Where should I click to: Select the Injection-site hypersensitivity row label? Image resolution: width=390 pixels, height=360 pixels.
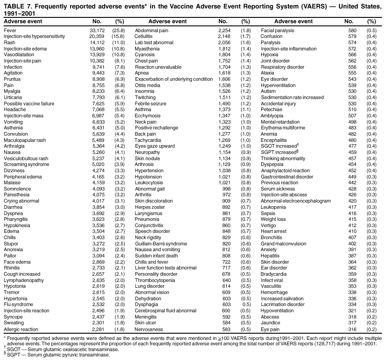click(x=34, y=36)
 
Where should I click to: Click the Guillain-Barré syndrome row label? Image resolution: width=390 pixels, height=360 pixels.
click(x=161, y=244)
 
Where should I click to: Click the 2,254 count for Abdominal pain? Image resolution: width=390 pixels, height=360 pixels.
click(x=222, y=30)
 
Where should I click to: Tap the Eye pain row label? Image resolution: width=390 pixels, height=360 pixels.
click(x=270, y=329)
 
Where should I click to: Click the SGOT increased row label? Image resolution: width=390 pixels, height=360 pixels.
click(x=279, y=146)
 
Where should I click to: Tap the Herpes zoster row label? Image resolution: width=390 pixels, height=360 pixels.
click(x=149, y=207)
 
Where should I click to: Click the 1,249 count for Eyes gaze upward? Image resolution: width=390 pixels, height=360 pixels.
click(x=222, y=146)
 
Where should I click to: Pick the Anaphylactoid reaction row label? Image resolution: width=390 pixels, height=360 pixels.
click(x=285, y=170)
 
